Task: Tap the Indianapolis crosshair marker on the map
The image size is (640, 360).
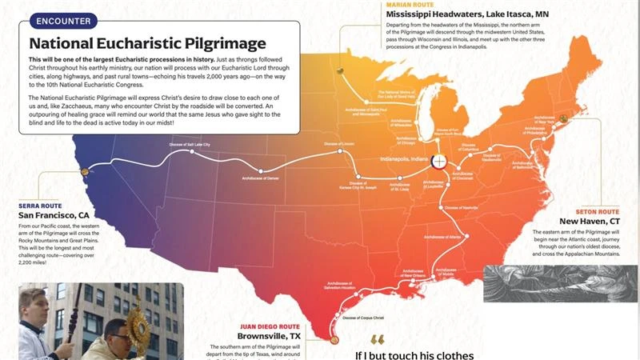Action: (438, 161)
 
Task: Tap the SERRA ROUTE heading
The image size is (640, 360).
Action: (40, 206)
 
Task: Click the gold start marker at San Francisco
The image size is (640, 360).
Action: (85, 170)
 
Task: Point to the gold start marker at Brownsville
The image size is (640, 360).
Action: (335, 341)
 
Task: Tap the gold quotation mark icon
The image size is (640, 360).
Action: (377, 340)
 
